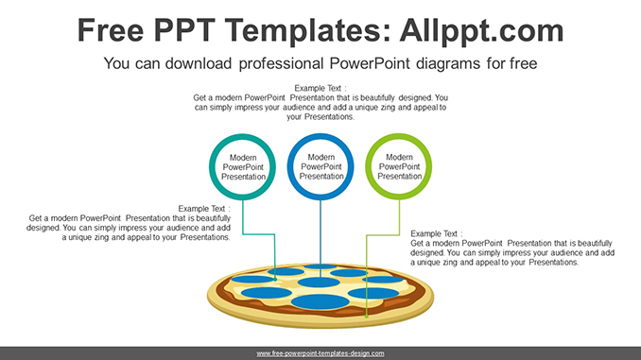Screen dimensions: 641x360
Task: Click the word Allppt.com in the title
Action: pyautogui.click(x=481, y=31)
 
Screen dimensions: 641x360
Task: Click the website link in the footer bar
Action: pyautogui.click(x=320, y=353)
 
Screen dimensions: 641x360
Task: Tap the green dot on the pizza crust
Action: pyautogui.click(x=367, y=316)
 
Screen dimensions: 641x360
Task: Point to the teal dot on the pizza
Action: pyautogui.click(x=275, y=279)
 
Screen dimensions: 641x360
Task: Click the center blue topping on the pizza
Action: pyautogui.click(x=319, y=282)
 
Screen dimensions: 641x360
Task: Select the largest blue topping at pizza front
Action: pyautogui.click(x=320, y=301)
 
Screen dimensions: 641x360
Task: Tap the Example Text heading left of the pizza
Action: pyautogui.click(x=204, y=209)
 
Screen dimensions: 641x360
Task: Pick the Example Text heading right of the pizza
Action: pyautogui.click(x=437, y=233)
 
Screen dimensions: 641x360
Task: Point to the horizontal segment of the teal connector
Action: pyautogui.click(x=259, y=234)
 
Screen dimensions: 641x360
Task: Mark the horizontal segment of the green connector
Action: pyautogui.click(x=383, y=235)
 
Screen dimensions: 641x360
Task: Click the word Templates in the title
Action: pyautogui.click(x=303, y=31)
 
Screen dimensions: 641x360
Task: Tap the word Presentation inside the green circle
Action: pyautogui.click(x=399, y=176)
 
